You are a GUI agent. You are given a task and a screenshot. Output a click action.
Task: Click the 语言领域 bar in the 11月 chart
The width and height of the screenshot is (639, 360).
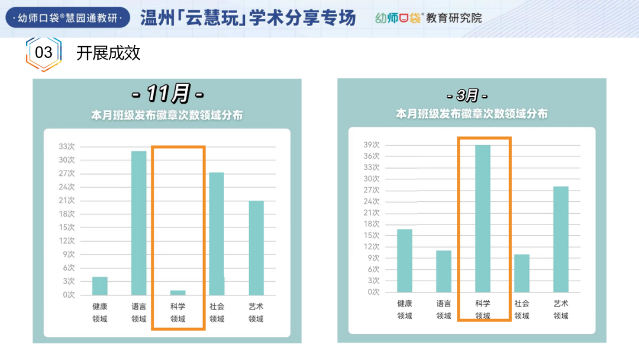(x=139, y=223)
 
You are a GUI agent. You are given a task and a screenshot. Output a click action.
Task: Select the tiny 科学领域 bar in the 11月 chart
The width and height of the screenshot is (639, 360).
(x=178, y=292)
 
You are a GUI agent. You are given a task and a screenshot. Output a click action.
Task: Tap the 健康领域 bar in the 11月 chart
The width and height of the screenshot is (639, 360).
(x=100, y=286)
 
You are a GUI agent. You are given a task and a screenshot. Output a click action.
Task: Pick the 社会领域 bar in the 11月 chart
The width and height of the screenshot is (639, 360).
(x=217, y=234)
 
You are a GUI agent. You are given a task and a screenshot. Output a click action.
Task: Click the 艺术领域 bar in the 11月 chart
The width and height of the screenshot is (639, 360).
(x=256, y=248)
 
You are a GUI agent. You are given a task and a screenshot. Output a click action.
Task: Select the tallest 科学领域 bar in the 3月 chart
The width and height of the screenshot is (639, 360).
(x=483, y=218)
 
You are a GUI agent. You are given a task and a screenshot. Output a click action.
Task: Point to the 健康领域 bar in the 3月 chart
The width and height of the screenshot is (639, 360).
(x=405, y=261)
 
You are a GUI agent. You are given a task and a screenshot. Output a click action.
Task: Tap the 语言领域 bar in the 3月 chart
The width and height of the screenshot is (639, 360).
(x=444, y=271)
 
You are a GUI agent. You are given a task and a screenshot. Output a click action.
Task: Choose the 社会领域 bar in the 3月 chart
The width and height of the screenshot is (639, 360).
(x=522, y=273)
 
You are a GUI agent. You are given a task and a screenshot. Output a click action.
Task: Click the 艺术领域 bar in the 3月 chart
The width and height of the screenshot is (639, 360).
(x=561, y=239)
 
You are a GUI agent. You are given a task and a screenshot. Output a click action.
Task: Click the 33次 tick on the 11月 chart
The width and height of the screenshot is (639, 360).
(x=67, y=146)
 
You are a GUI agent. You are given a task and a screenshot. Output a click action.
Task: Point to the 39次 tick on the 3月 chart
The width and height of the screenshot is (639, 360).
(x=372, y=145)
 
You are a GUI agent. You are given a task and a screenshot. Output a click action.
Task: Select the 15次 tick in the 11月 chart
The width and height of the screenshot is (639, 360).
(x=67, y=227)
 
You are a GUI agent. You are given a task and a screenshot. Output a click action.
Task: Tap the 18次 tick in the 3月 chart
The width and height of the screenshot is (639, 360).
(x=372, y=224)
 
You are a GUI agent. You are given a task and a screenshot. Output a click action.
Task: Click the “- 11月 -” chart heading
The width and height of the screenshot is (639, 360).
(x=167, y=94)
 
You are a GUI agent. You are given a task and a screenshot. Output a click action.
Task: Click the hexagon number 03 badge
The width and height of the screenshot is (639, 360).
(x=44, y=53)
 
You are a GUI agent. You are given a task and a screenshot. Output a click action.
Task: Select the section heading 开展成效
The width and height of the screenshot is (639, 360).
(x=108, y=53)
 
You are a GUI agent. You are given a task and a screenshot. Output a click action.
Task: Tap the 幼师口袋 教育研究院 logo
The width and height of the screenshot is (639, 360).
(x=428, y=18)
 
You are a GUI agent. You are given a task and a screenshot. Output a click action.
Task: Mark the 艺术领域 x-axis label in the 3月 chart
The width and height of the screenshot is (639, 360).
(x=561, y=310)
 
